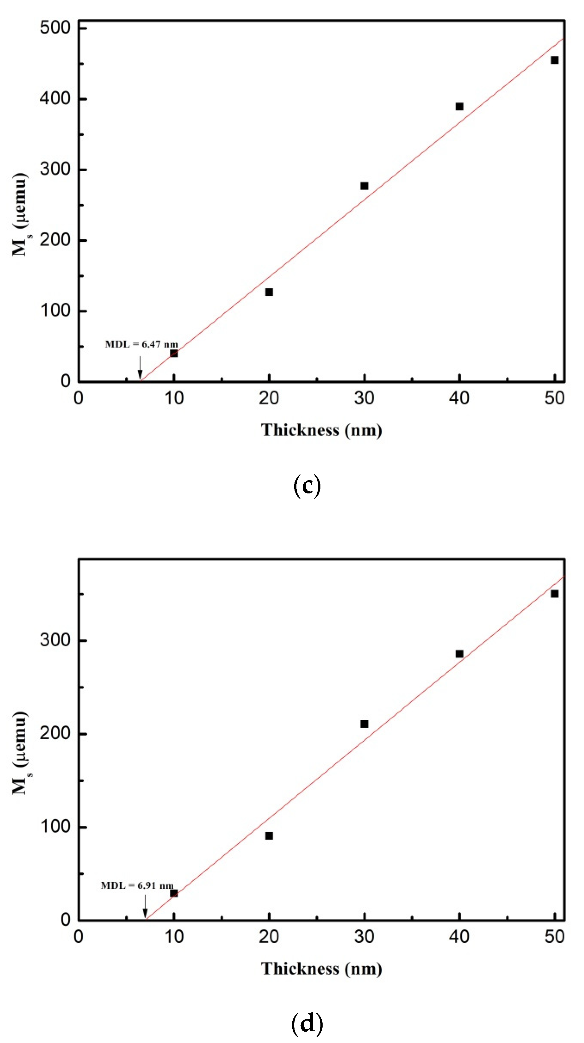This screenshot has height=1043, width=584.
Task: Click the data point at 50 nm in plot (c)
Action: [554, 60]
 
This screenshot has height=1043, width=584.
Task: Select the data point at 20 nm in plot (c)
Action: [269, 292]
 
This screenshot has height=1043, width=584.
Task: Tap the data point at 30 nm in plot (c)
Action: [364, 186]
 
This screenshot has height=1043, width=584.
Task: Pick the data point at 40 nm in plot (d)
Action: [459, 653]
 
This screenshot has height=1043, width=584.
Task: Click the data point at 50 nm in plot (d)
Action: [554, 593]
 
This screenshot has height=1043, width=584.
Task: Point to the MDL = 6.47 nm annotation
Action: [141, 344]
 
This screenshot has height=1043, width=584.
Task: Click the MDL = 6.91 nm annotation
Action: [137, 885]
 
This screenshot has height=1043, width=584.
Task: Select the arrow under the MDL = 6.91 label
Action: [145, 906]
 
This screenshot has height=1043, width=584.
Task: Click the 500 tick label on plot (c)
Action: [55, 28]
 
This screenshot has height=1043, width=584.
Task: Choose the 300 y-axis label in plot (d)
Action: [55, 640]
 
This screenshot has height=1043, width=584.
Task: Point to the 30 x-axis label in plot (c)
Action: [364, 398]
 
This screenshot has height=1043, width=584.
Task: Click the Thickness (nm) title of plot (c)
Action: [321, 430]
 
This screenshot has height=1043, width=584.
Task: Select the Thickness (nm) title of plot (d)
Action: [321, 969]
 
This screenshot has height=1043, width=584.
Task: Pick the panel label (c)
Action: [307, 486]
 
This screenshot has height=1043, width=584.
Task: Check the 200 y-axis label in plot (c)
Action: [55, 240]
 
